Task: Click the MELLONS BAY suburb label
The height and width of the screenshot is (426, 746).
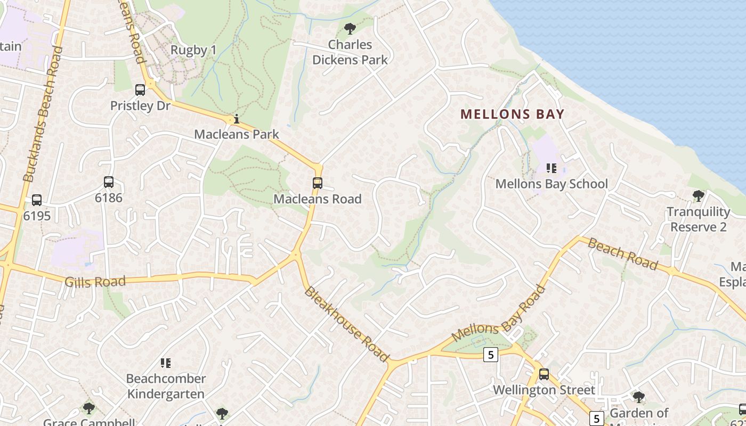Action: coord(512,114)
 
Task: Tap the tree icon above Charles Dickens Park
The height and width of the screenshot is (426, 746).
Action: coord(350,29)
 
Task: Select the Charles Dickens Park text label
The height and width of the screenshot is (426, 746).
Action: coord(350,52)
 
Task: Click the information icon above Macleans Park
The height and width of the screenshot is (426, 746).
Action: coord(237,119)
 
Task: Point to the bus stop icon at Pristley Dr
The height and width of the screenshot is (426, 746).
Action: coord(140,90)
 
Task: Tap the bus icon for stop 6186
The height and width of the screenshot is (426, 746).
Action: coord(109,182)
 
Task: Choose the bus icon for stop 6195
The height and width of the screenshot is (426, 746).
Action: coord(37,200)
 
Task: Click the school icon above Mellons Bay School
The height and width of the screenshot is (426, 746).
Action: coord(552,169)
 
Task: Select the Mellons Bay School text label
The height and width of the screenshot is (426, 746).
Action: coord(552,184)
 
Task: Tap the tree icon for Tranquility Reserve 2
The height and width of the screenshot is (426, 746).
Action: coord(698,196)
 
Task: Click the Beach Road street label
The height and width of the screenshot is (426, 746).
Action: coord(623,255)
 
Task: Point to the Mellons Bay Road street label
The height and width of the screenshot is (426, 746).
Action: coord(499,314)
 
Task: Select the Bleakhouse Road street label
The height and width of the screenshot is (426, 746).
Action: coord(346,324)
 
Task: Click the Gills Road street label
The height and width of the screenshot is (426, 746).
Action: coord(95,282)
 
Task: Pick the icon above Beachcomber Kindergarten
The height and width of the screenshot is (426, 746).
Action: coord(166,363)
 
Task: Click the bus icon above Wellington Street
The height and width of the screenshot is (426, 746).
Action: coord(544,374)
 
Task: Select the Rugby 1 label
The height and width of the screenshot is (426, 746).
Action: coord(193,51)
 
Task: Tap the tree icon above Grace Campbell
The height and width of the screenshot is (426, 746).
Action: coord(88,408)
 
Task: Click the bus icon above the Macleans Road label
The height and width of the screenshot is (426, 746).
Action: coord(318,183)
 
